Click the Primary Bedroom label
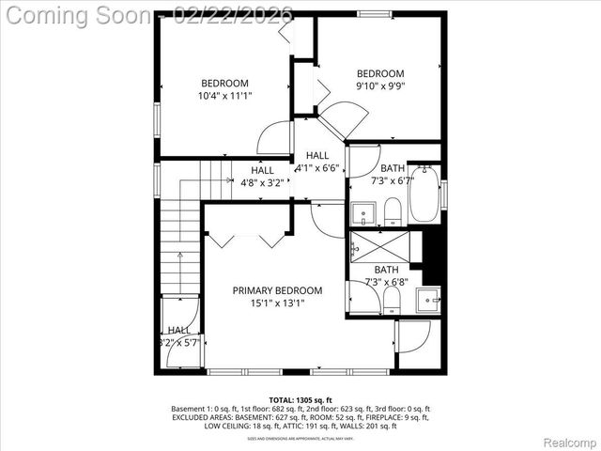click(277, 290)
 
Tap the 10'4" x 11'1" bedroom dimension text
click(224, 96)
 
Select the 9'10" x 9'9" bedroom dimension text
click(379, 86)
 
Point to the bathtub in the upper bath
click(424, 193)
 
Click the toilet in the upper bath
click(393, 210)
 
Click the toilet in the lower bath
click(392, 300)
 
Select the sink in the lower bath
click(428, 301)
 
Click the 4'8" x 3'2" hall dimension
click(262, 183)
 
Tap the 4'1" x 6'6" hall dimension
click(317, 168)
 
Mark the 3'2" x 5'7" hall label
click(178, 343)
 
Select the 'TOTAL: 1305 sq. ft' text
click(300, 399)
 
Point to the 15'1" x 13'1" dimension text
click(277, 303)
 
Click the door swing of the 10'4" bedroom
click(275, 139)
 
